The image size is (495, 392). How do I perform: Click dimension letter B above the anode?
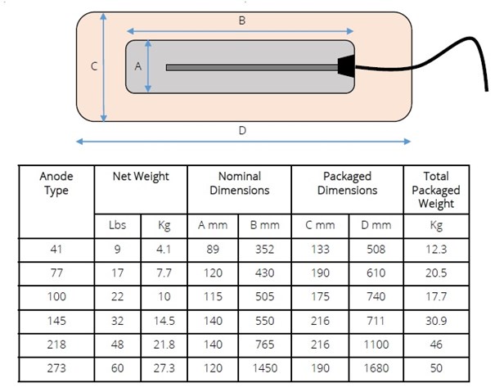pos(242,20)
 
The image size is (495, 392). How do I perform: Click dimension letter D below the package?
pos(242,130)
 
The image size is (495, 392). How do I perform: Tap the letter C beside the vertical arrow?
pos(94,66)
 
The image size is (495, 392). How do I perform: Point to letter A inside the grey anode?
pos(138,66)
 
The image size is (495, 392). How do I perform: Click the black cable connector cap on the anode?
pos(346,66)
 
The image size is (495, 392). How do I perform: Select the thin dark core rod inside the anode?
pos(252,67)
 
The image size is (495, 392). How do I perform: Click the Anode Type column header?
pos(56,183)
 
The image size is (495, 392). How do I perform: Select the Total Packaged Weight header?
pos(436,190)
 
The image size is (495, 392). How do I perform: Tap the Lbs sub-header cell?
pos(118,225)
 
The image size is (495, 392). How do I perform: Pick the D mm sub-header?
pos(376,225)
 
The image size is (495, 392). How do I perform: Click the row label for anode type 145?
pos(56,321)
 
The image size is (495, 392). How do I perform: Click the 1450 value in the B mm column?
pos(264,368)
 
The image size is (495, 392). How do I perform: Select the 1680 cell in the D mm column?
pos(376,368)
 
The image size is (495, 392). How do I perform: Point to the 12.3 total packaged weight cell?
pos(436,250)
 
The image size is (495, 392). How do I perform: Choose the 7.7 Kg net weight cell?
pos(164,273)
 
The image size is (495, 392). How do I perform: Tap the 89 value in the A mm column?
pos(213,250)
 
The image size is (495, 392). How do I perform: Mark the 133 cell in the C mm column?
pos(320,250)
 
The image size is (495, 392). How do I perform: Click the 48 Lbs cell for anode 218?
pos(118,345)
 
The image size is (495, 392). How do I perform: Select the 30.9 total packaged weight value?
pos(436,321)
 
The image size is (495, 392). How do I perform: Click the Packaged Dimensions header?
pos(347,183)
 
